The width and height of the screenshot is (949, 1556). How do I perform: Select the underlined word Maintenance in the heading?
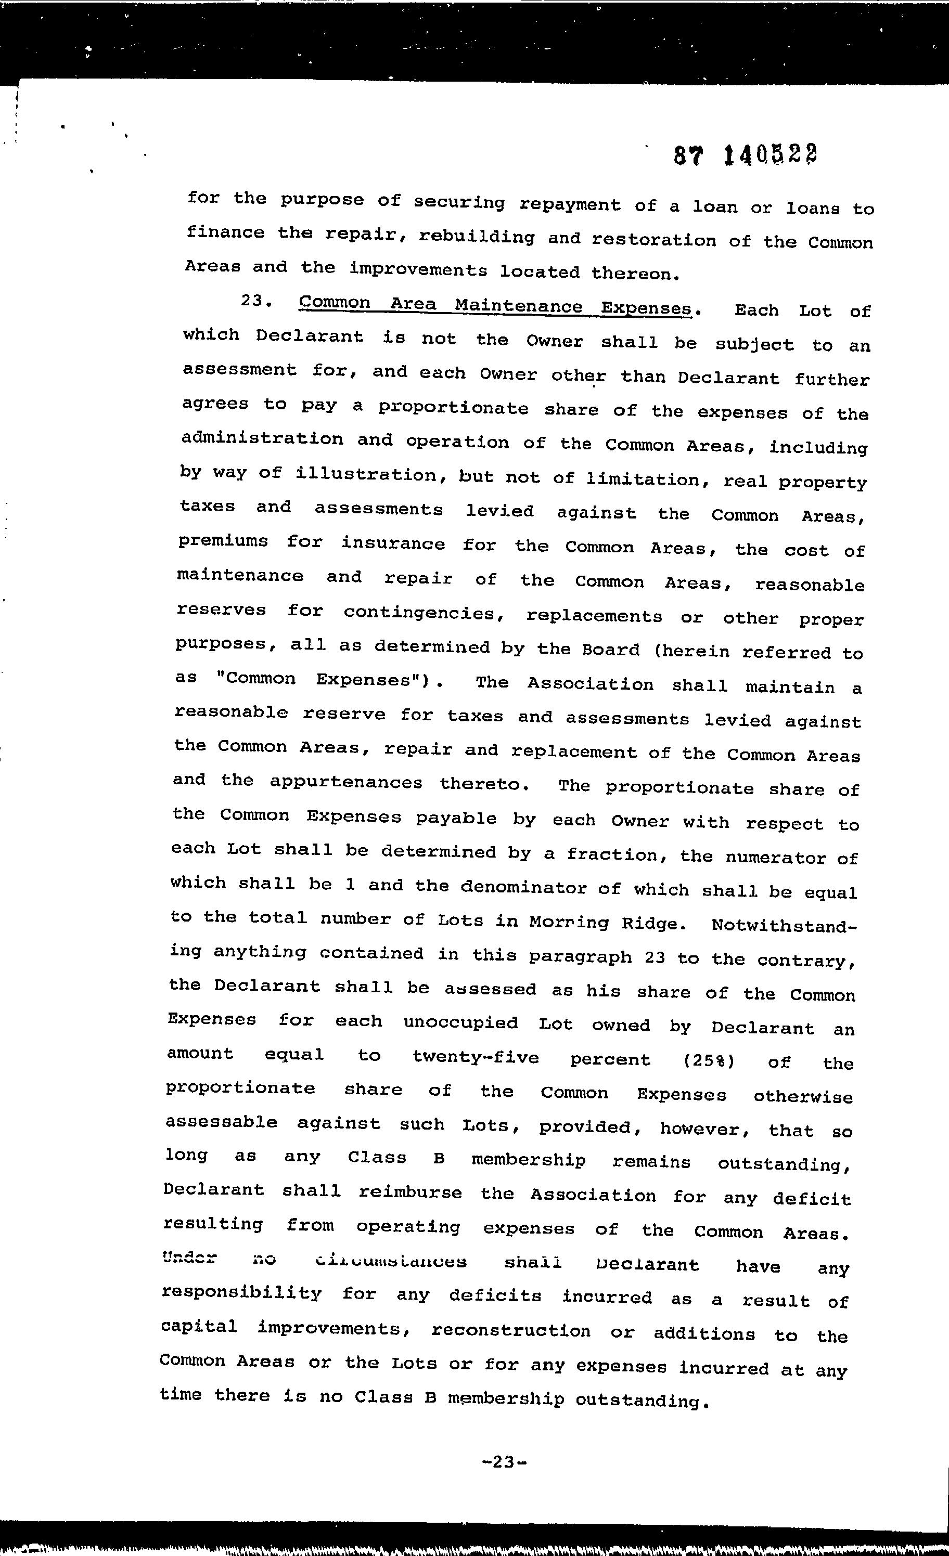518,306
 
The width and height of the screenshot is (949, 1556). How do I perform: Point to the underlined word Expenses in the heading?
646,308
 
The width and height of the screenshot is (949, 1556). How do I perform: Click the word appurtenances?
345,782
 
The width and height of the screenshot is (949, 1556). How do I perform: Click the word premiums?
223,542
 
